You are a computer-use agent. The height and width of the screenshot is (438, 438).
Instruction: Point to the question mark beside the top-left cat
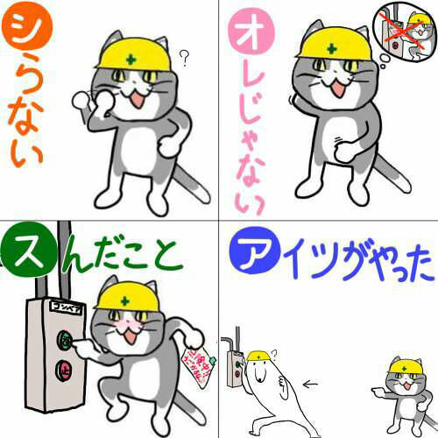tap(184, 59)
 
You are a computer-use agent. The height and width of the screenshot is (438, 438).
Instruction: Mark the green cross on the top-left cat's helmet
tap(131, 60)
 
